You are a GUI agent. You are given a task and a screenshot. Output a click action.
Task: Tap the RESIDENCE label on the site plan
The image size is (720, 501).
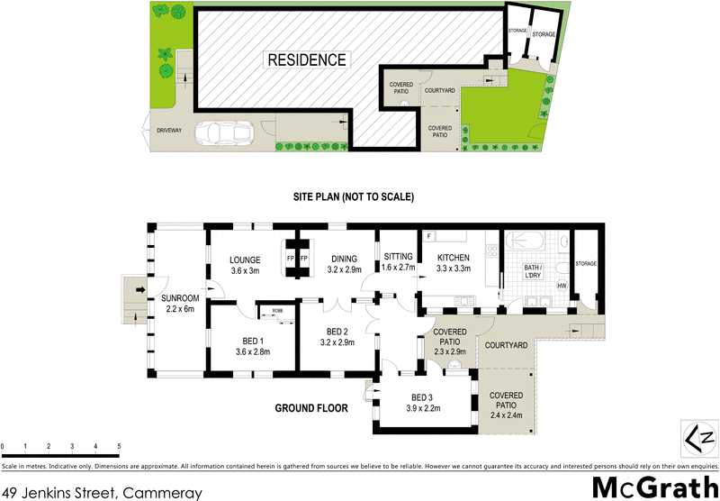306,60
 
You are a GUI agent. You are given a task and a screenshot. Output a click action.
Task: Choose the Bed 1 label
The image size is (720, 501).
252,346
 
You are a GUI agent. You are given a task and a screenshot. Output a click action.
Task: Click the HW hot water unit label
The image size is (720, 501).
562,287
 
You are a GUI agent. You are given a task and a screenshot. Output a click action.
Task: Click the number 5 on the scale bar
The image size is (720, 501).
119,447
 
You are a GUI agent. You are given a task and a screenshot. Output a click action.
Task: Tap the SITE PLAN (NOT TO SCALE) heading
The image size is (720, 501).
352,197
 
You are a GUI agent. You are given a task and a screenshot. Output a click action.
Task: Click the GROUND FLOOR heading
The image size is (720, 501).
311,408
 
